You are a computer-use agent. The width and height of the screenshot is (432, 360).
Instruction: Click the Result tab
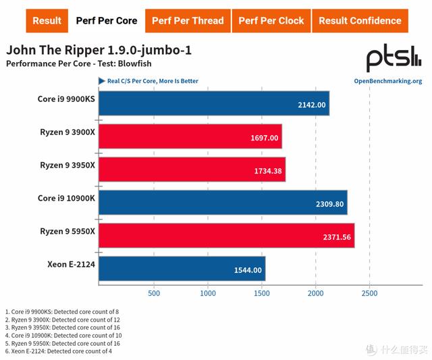47,20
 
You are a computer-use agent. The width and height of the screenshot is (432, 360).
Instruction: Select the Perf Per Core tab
106,20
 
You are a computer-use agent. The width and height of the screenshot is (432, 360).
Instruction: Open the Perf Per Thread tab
187,20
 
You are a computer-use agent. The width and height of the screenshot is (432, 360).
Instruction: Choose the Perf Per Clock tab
271,20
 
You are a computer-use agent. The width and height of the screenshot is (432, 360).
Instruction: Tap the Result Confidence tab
360,20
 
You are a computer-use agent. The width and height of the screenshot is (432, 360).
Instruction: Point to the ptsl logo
394,60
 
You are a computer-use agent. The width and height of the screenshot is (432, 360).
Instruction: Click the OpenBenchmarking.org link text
387,81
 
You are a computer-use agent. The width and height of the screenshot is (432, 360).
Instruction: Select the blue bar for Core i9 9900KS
214,103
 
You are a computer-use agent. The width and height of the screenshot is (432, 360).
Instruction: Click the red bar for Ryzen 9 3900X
190,136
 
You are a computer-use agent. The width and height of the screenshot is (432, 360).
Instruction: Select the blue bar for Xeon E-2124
182,268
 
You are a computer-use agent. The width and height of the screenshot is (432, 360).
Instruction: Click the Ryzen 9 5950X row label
67,231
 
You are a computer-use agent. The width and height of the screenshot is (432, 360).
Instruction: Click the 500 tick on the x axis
153,294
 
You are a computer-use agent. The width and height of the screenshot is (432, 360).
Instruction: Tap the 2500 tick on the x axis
369,294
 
